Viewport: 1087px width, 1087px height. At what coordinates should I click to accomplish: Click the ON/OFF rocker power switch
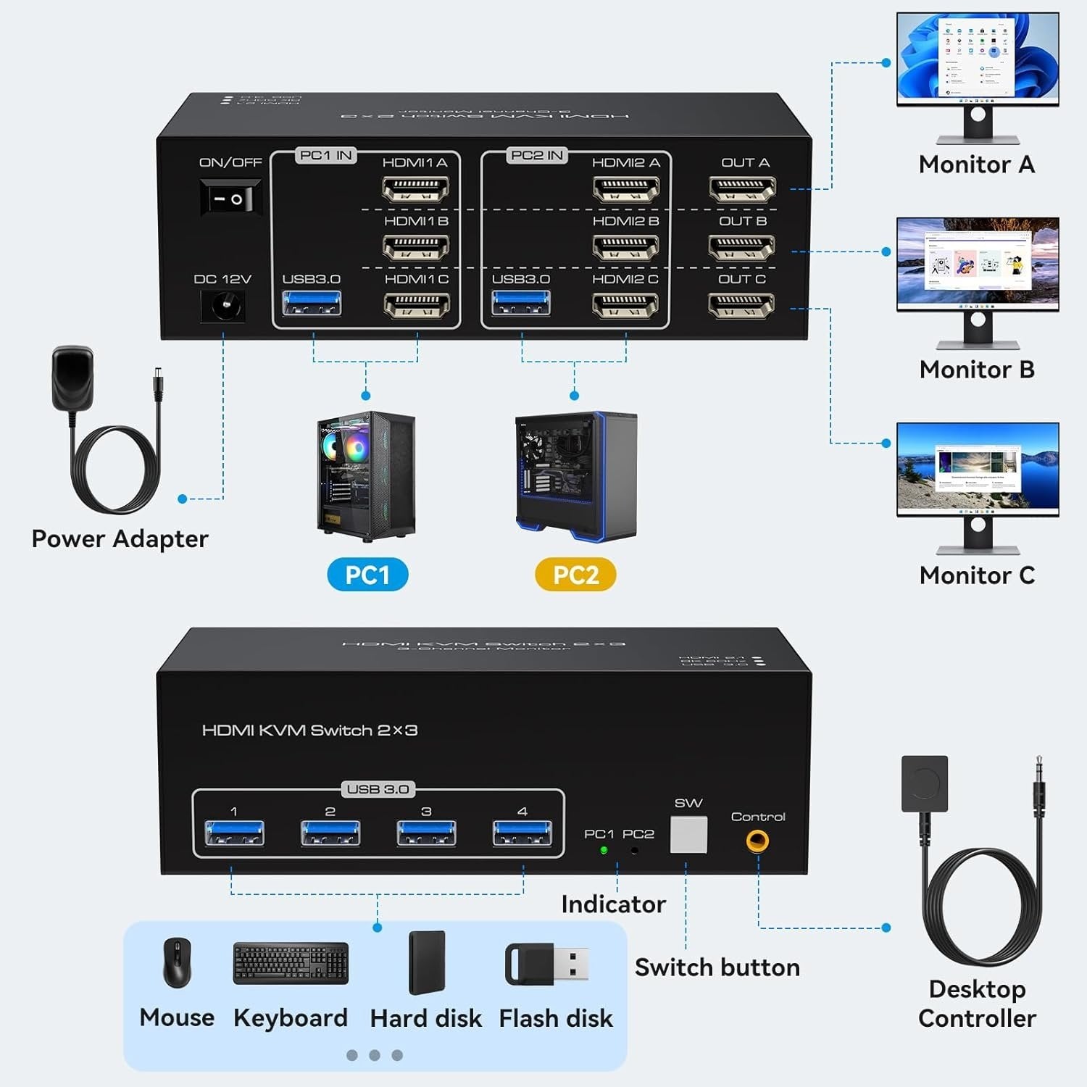click(x=230, y=198)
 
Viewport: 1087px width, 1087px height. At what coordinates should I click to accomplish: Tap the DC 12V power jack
click(x=222, y=307)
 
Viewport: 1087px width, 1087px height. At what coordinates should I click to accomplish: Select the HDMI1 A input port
click(x=415, y=189)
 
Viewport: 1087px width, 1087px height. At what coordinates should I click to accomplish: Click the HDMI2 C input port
click(x=625, y=306)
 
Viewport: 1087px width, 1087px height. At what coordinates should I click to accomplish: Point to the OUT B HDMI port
click(x=742, y=247)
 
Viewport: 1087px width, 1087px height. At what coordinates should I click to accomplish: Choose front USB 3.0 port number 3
click(x=426, y=833)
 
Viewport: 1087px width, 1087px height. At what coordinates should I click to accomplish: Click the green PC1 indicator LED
click(x=604, y=850)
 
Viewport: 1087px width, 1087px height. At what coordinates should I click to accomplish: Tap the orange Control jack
click(x=757, y=841)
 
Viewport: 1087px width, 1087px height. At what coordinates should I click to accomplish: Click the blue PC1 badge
click(x=367, y=575)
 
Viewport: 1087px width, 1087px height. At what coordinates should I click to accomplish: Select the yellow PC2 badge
click(x=575, y=575)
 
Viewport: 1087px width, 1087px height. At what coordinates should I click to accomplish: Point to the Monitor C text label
click(x=977, y=575)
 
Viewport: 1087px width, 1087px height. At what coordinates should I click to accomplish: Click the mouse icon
click(x=177, y=962)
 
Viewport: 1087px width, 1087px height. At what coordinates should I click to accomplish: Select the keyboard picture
click(x=291, y=963)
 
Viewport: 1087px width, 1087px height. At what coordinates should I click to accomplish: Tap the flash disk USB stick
click(x=547, y=964)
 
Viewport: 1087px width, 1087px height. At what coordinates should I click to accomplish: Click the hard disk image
click(x=426, y=962)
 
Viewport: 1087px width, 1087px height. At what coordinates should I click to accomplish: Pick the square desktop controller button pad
click(x=924, y=783)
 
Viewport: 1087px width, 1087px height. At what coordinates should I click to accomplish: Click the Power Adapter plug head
click(x=72, y=378)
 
